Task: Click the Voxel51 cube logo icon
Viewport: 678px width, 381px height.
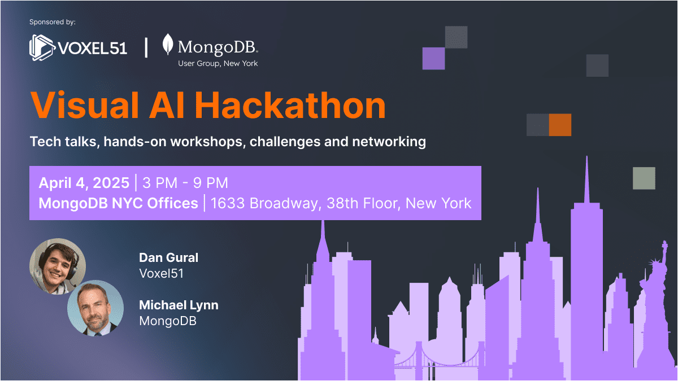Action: [x=42, y=48]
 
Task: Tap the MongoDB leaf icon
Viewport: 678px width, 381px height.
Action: [x=168, y=44]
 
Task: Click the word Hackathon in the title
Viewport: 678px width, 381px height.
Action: [x=290, y=105]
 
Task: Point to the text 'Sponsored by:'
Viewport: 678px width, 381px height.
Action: [x=53, y=22]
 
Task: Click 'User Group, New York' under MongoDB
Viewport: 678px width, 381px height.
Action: [x=218, y=63]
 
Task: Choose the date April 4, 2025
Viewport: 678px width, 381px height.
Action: [x=84, y=183]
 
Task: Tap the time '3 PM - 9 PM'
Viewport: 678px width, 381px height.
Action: [x=185, y=183]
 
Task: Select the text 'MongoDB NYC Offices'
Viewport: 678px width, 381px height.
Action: [x=118, y=203]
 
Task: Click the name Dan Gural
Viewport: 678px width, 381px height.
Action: [x=168, y=257]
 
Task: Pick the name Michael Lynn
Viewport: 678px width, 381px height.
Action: [x=179, y=305]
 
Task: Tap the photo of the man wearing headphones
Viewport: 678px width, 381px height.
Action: [x=58, y=266]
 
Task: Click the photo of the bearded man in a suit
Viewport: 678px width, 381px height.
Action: [x=95, y=308]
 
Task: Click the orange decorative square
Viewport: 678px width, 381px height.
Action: [x=560, y=125]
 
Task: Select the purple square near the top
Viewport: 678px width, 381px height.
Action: [x=434, y=58]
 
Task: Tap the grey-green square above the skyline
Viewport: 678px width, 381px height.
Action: [x=644, y=178]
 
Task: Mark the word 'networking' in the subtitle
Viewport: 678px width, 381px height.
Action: [x=389, y=142]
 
